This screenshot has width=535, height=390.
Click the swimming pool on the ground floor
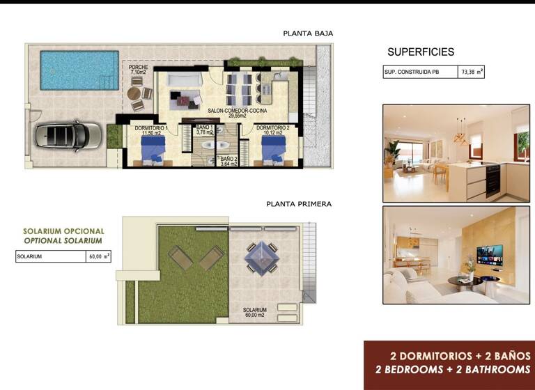point(79,70)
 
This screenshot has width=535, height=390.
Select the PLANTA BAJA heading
point(308,33)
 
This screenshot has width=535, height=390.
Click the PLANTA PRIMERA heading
point(299,204)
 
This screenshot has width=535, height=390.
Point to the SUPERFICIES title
point(420,52)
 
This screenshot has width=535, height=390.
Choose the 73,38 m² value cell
point(472,72)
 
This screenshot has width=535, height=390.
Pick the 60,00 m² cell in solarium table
point(98,256)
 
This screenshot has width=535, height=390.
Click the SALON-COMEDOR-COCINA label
point(238,111)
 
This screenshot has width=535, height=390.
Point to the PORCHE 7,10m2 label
point(138,70)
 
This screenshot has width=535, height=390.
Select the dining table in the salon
point(241,88)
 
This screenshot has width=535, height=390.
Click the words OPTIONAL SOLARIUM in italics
point(63,240)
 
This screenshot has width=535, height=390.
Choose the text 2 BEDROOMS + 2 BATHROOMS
point(452,370)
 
